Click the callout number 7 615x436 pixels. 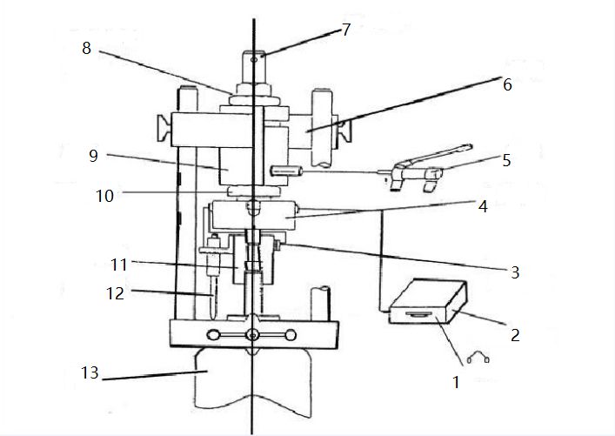[345, 30]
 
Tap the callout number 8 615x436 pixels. [86, 49]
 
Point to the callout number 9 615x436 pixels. [92, 157]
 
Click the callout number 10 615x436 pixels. [104, 196]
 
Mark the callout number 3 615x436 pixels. [515, 272]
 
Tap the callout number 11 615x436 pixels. [119, 262]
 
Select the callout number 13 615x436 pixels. [89, 374]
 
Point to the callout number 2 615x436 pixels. [515, 334]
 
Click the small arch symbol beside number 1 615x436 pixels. [478, 357]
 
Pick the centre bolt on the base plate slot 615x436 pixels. [252, 335]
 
